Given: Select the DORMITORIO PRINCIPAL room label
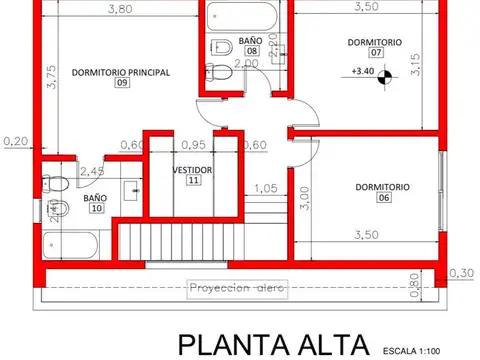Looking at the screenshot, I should click(120, 72).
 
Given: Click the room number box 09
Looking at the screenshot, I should click(121, 84).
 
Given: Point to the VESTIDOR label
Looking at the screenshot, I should click(192, 170).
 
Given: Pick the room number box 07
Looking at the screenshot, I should click(375, 53).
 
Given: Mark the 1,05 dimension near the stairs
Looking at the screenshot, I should click(265, 188).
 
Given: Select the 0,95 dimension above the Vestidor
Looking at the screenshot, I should click(193, 143).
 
